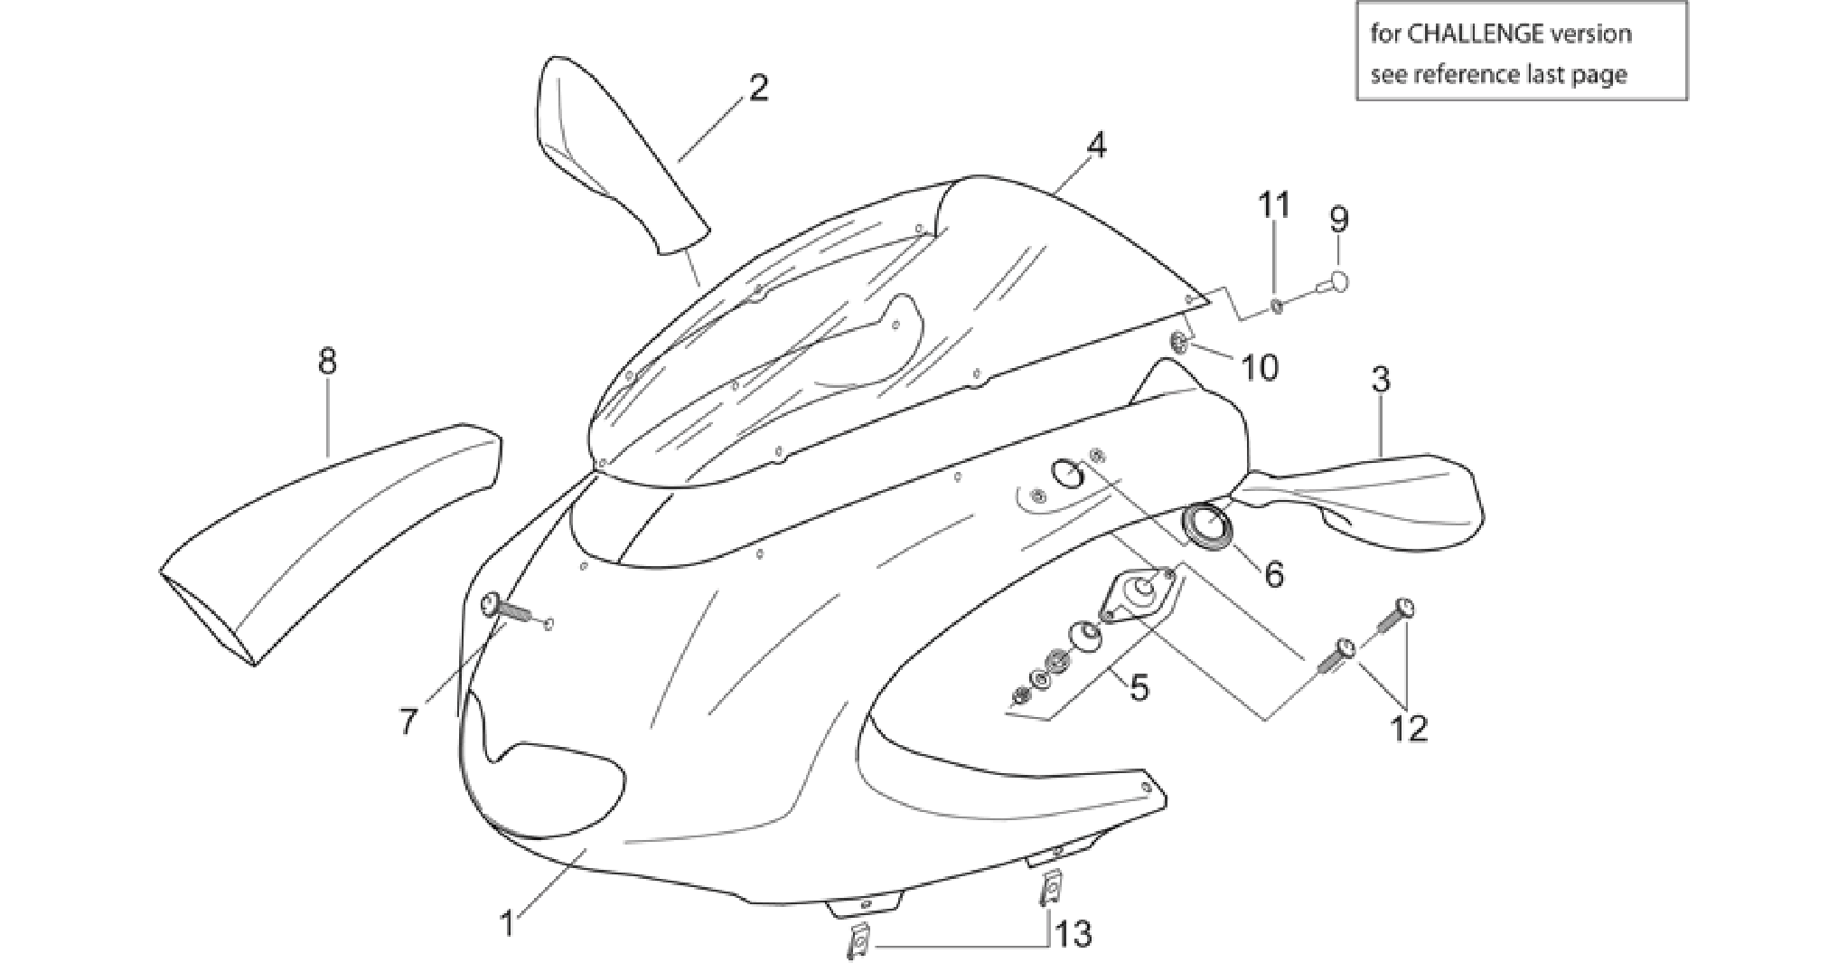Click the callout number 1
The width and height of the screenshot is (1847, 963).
click(508, 924)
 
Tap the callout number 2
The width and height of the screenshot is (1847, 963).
click(758, 88)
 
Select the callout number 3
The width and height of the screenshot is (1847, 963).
click(1380, 380)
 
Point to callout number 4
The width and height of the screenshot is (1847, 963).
click(1095, 145)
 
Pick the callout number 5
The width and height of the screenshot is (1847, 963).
click(1139, 688)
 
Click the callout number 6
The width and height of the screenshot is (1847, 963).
click(1273, 573)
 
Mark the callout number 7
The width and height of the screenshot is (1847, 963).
click(408, 721)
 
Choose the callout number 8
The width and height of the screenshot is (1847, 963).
click(327, 362)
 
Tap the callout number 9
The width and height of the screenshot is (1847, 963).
click(1338, 219)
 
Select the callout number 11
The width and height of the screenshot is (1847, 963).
click(1275, 205)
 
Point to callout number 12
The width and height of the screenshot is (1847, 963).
click(1409, 728)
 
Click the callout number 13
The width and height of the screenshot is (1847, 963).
click(1073, 933)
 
